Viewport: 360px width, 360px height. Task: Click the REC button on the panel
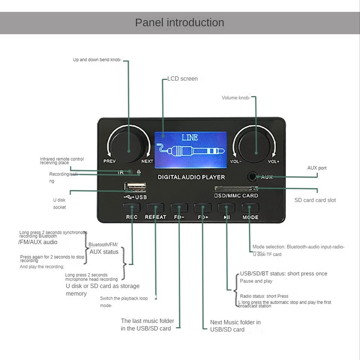pyautogui.click(x=131, y=208)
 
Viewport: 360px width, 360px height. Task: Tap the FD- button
pyautogui.click(x=179, y=208)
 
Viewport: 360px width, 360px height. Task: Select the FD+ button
pyautogui.click(x=203, y=208)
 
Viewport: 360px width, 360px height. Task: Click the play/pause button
pyautogui.click(x=226, y=208)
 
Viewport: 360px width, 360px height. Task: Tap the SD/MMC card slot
pyautogui.click(x=236, y=188)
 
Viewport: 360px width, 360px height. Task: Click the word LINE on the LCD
pyautogui.click(x=190, y=138)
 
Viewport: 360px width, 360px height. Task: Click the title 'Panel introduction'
pyautogui.click(x=180, y=22)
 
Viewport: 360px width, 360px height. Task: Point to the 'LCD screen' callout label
pyautogui.click(x=183, y=78)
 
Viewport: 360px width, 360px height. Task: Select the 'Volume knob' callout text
pyautogui.click(x=235, y=98)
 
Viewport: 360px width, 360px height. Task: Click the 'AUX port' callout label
pyautogui.click(x=317, y=168)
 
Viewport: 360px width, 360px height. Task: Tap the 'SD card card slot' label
pyautogui.click(x=315, y=200)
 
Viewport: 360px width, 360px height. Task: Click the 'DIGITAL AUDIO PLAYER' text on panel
pyautogui.click(x=191, y=177)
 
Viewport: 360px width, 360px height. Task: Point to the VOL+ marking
pyautogui.click(x=273, y=162)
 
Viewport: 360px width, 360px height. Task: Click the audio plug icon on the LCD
pyautogui.click(x=189, y=151)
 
